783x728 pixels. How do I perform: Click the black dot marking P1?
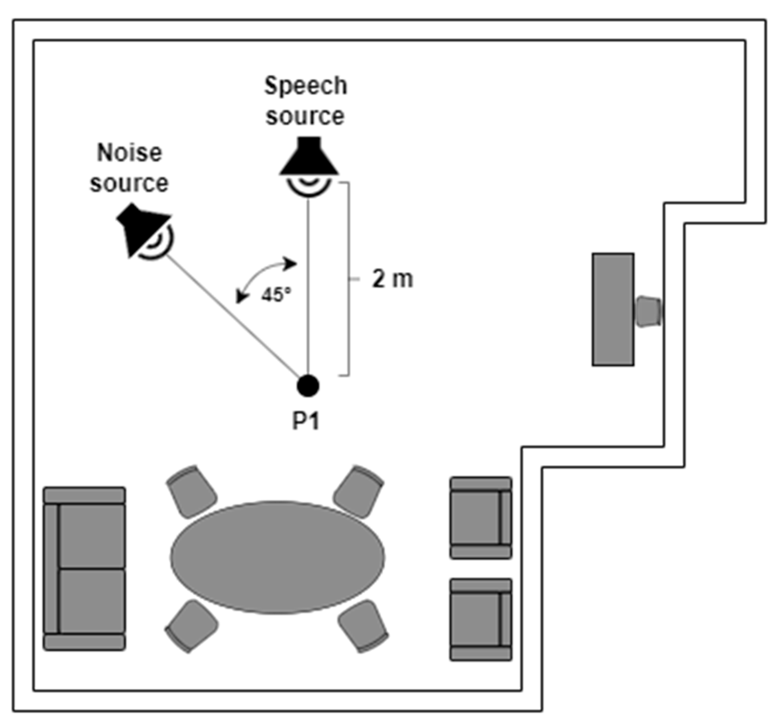pos(308,386)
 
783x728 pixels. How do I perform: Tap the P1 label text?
pos(306,422)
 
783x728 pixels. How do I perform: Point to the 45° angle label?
pos(277,295)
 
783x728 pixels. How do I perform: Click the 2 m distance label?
pos(392,280)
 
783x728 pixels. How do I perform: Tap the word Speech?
pos(306,86)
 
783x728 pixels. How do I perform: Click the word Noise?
pos(130,153)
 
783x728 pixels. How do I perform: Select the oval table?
pos(277,557)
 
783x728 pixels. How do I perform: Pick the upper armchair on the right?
pos(481,518)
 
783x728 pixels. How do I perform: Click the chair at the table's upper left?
pos(191,492)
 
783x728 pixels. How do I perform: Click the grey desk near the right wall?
pos(613,309)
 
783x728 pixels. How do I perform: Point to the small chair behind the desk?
pos(648,311)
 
